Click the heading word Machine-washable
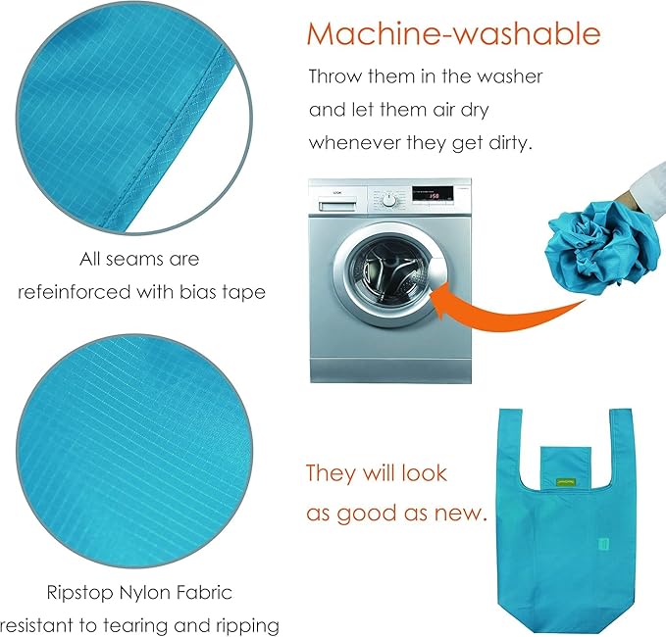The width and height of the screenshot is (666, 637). [453, 33]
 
